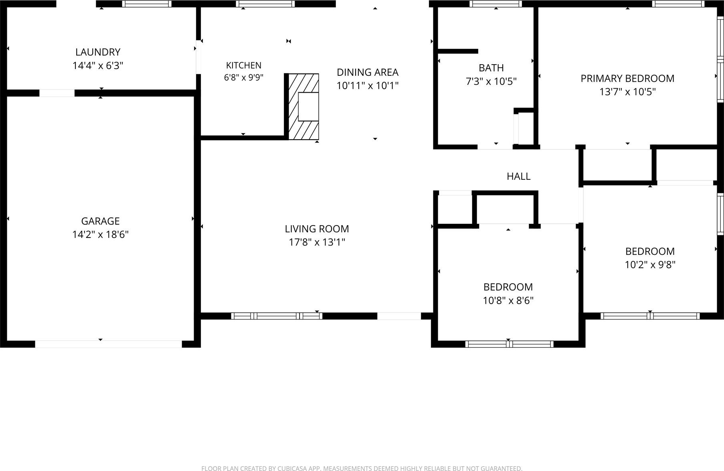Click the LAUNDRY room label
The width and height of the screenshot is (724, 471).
tap(98, 52)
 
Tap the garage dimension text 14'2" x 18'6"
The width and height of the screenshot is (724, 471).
tap(100, 234)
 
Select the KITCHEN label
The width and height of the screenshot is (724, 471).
tap(244, 65)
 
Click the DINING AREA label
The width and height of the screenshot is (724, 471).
tap(368, 72)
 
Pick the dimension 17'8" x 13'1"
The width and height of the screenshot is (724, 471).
tap(317, 242)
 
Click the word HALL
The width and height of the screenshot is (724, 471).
tap(519, 176)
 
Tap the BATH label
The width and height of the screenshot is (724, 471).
tap(491, 68)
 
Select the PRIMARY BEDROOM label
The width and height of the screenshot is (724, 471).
tap(627, 79)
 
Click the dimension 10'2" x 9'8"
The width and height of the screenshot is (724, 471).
tap(650, 265)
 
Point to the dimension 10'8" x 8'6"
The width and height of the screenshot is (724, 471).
tap(508, 300)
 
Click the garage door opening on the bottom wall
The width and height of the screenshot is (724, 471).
tap(109, 344)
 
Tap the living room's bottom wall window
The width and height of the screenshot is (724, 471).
tap(277, 316)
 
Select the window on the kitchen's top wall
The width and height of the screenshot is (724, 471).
tap(265, 4)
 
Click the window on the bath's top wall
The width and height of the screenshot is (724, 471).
tap(496, 4)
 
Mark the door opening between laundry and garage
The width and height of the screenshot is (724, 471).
tap(57, 93)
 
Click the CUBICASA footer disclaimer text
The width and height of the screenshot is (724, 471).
tap(362, 468)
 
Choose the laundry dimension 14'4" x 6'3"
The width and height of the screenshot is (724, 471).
tap(98, 65)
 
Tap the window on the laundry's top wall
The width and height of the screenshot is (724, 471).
tap(147, 4)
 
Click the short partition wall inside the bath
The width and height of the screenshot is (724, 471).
tap(458, 51)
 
